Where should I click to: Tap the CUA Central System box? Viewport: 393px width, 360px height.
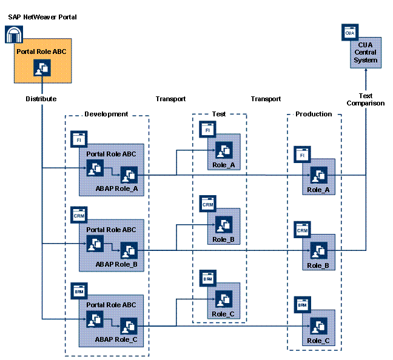365,53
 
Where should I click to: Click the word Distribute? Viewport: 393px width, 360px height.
41,99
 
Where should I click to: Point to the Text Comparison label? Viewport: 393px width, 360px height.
366,99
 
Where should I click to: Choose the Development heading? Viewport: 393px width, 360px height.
106,114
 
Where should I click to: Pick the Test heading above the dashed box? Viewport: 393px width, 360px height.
218,114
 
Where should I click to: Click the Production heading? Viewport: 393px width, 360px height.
314,114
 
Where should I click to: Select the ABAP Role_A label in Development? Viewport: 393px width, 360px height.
116,188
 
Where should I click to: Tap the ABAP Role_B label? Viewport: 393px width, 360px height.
116,265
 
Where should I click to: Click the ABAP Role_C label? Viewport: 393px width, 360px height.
116,341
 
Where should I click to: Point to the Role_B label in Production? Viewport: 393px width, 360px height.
318,265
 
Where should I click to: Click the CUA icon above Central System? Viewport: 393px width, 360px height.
350,30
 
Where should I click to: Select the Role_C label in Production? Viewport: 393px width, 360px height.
318,341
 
